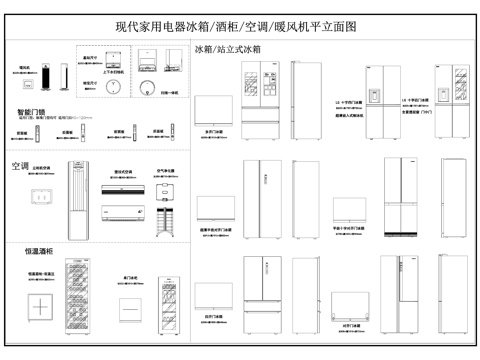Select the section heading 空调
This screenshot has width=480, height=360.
(20, 166)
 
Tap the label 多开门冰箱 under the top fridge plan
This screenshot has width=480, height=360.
(215, 130)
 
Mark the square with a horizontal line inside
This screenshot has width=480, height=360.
(129, 307)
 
